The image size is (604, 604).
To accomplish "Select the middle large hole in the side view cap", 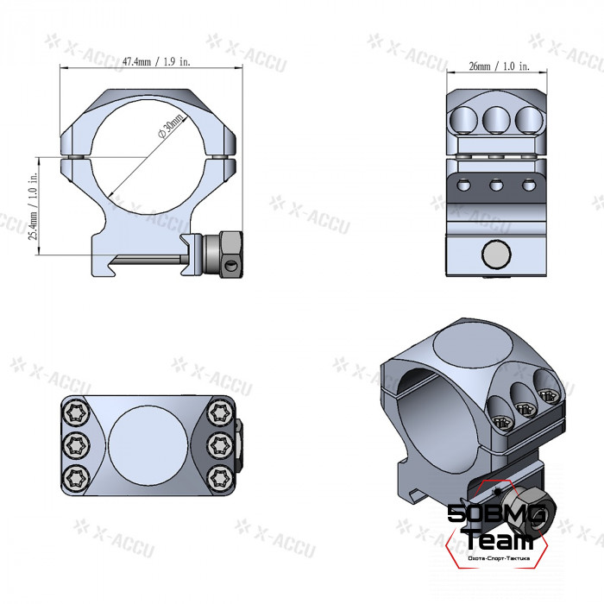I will pos(496,117).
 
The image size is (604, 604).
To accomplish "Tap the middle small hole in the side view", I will pos(496,185).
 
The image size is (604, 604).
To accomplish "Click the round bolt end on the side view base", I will pos(495,254).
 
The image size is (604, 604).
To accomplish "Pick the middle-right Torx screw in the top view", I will pos(221,444).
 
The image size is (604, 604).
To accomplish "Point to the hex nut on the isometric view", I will pos(525,511).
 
